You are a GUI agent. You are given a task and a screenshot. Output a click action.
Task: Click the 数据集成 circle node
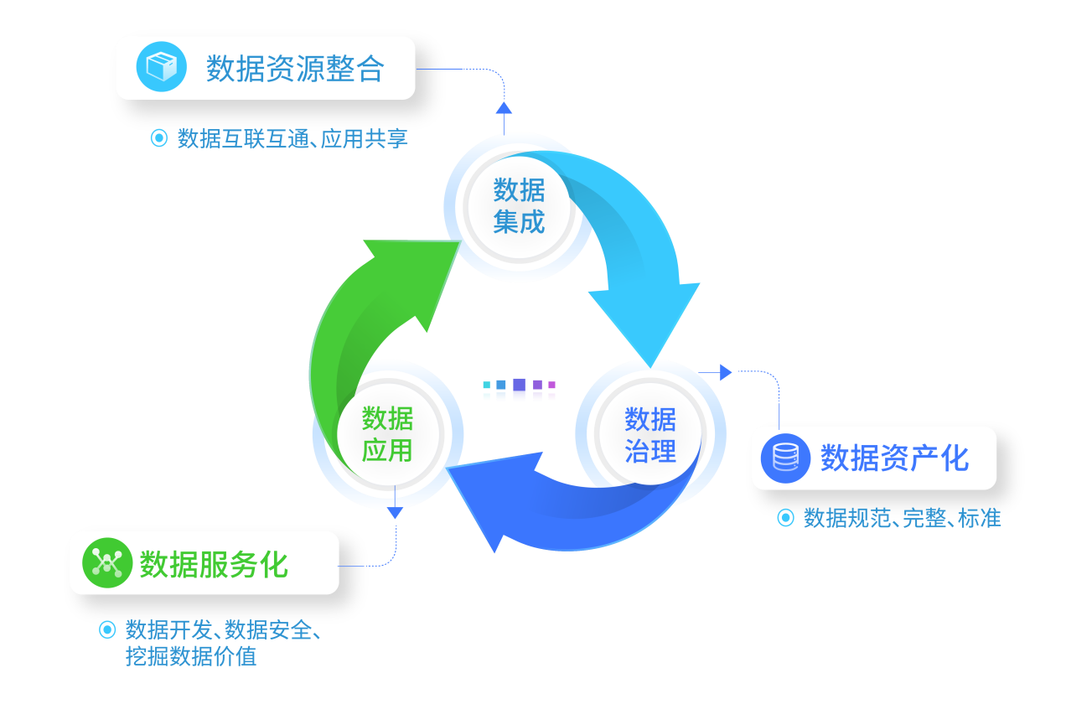pyautogui.click(x=519, y=206)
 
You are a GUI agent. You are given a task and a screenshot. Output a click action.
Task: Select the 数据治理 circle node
pyautogui.click(x=650, y=434)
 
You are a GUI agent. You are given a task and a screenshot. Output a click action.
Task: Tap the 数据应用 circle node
pyautogui.click(x=387, y=434)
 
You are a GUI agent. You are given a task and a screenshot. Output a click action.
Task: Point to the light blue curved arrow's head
pyautogui.click(x=645, y=318)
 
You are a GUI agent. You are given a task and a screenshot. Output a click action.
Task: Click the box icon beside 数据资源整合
pyautogui.click(x=162, y=66)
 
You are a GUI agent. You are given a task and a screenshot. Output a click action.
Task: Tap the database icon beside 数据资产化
pyautogui.click(x=785, y=458)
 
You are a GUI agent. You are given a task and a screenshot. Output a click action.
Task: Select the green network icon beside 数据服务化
pyautogui.click(x=108, y=562)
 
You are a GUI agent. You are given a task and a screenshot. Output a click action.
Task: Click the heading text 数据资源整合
pyautogui.click(x=295, y=69)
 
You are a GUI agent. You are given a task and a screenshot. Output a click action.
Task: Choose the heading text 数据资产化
pyautogui.click(x=894, y=458)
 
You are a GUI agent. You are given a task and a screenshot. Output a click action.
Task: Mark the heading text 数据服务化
pyautogui.click(x=214, y=564)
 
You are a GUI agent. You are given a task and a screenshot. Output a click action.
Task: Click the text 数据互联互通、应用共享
pyautogui.click(x=292, y=138)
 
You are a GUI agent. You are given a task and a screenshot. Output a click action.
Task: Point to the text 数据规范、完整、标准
pyautogui.click(x=903, y=518)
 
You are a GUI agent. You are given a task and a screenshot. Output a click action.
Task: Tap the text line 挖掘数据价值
pyautogui.click(x=191, y=656)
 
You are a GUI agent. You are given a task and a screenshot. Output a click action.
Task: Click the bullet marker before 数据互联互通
pyautogui.click(x=158, y=138)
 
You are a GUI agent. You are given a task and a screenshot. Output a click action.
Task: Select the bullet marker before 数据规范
pyautogui.click(x=785, y=518)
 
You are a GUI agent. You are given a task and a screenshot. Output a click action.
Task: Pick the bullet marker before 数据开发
pyautogui.click(x=106, y=629)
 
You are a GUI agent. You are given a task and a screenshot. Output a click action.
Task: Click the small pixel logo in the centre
pyautogui.click(x=520, y=390)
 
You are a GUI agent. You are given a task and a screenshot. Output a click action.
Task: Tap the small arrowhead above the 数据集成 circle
pyautogui.click(x=504, y=107)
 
